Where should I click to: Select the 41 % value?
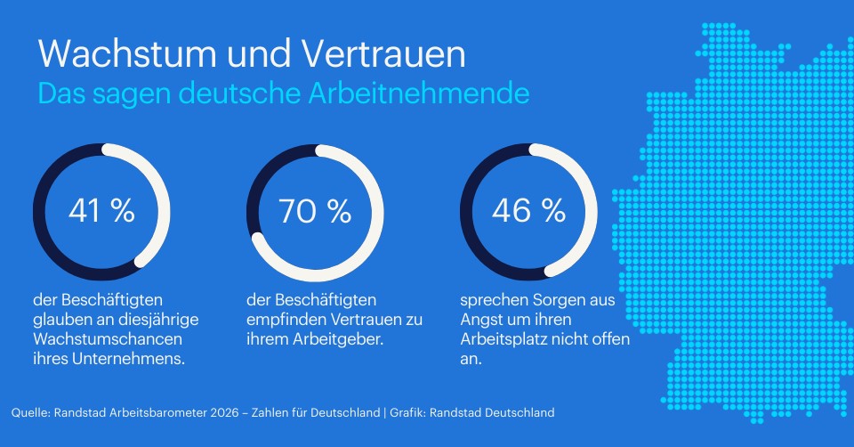click(101, 211)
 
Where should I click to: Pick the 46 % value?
click(528, 211)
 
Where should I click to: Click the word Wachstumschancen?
click(109, 340)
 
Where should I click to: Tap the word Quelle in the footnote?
click(30, 412)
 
